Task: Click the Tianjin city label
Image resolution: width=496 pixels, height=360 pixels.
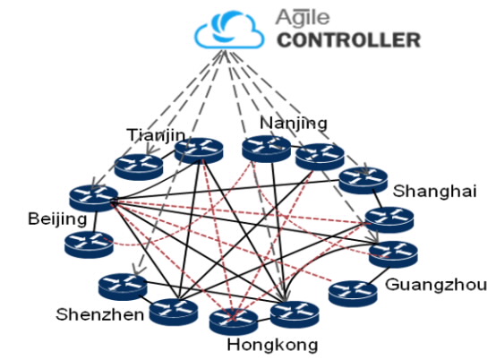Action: point(156,136)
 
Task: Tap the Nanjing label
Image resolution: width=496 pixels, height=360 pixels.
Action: point(294,123)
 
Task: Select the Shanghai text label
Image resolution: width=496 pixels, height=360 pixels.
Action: point(434,192)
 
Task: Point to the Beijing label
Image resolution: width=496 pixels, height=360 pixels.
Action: point(57,219)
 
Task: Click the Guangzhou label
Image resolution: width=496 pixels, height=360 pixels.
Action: point(436,285)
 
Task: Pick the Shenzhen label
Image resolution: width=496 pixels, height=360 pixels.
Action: point(99,314)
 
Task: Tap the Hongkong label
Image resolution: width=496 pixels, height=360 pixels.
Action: point(272,344)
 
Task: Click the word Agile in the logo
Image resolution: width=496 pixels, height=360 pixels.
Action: point(303,17)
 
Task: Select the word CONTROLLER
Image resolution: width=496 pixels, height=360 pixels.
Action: point(349,40)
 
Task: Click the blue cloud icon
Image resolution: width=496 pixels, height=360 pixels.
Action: point(229,30)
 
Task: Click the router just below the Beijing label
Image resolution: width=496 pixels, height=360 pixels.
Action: point(89,244)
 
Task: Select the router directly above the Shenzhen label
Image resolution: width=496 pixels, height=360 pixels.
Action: point(123,287)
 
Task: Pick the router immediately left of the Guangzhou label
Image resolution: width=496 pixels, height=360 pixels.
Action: point(353,294)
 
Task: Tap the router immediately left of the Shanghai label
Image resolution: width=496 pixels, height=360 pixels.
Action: point(363,181)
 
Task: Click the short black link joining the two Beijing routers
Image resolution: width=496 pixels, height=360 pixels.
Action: point(95,221)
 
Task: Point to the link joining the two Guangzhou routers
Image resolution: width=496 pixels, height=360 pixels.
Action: point(379,276)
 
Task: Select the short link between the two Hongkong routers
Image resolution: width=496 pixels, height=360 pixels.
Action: point(263,321)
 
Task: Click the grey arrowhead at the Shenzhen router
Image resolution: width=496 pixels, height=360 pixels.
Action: point(137,270)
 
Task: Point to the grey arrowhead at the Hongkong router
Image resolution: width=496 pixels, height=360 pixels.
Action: point(285,296)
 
